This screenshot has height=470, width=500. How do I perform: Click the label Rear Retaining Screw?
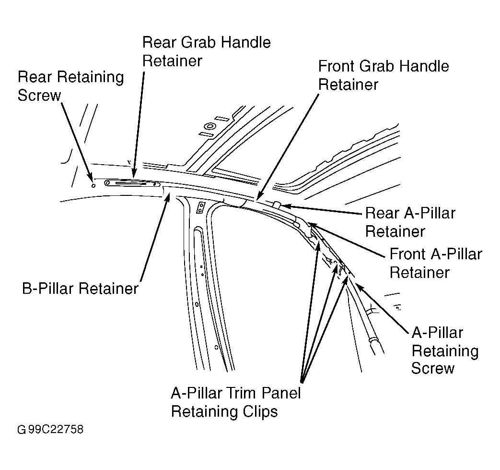point(71,86)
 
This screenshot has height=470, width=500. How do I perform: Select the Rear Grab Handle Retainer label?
point(206,51)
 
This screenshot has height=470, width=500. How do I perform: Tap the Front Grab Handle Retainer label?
point(384,75)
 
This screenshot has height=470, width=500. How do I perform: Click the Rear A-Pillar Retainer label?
point(410,222)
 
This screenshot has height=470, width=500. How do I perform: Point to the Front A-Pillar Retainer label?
point(436,263)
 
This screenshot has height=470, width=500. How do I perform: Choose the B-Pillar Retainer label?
point(81,289)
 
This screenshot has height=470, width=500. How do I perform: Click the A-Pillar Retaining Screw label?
point(445,350)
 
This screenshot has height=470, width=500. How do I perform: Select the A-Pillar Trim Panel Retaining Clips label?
point(236,402)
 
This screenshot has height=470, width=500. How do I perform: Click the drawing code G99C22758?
point(50,430)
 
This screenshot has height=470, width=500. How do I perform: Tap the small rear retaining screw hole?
point(93,185)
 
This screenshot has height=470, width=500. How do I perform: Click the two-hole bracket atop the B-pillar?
point(200,208)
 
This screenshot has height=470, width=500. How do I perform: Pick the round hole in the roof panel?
point(209,126)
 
